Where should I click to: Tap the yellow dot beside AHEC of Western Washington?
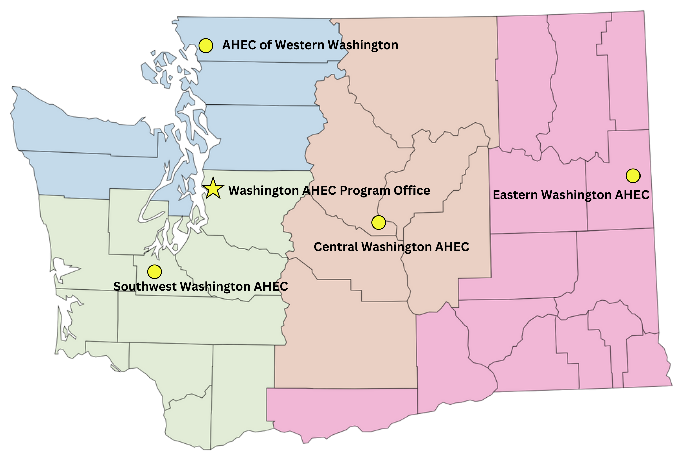pyautogui.click(x=206, y=45)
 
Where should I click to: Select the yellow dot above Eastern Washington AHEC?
pyautogui.click(x=633, y=176)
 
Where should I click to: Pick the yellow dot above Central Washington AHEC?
pyautogui.click(x=379, y=222)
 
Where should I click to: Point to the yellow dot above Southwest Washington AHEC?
pyautogui.click(x=154, y=272)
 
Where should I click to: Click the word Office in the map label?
pyautogui.click(x=412, y=191)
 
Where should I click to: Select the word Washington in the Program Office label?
pyautogui.click(x=263, y=191)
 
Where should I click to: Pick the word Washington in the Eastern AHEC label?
pyautogui.click(x=576, y=195)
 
